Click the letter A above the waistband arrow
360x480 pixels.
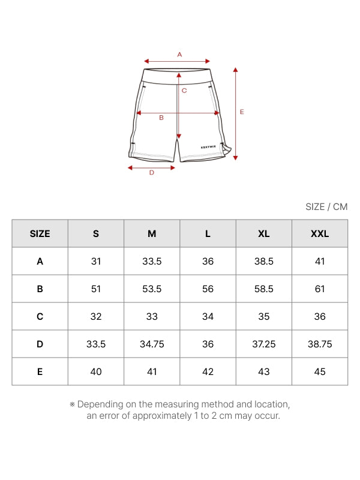[x=179, y=55]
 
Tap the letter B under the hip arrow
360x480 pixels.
[x=161, y=118]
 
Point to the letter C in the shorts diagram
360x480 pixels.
[x=184, y=91]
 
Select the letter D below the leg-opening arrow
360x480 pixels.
[x=152, y=173]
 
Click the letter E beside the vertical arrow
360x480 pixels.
[x=242, y=112]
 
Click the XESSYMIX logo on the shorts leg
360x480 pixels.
[x=208, y=147]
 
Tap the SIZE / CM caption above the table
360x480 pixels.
[x=326, y=207]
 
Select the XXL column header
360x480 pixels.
[x=320, y=234]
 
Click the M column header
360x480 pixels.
[x=152, y=234]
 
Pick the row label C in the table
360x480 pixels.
[x=40, y=317]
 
